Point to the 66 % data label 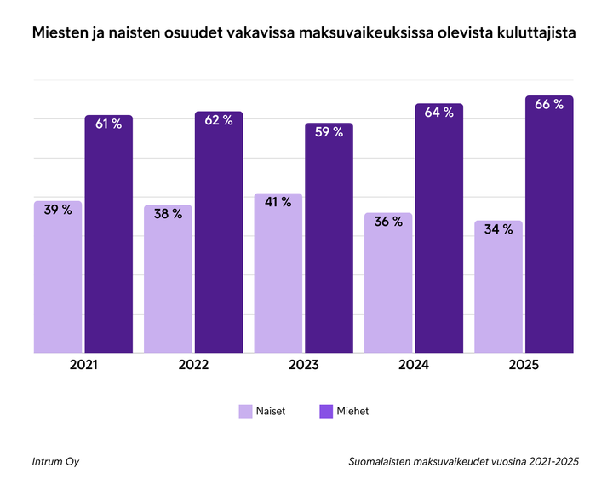549,105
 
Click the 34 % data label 498,229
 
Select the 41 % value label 278,202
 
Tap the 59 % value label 329,132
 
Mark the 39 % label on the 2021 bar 58,210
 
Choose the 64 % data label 439,113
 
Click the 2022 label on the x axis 193,365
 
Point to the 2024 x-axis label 414,365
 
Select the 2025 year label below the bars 524,365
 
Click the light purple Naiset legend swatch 245,411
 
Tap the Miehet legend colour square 325,411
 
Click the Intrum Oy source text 56,461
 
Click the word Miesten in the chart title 59,35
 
